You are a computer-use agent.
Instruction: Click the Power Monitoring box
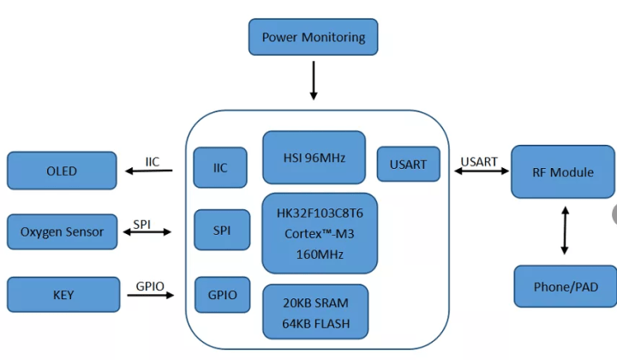(x=313, y=37)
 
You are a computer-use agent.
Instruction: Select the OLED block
(x=62, y=171)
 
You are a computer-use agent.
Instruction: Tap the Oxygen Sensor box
(x=62, y=231)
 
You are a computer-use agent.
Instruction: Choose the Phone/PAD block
(x=564, y=286)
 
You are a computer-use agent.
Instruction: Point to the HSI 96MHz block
(x=314, y=157)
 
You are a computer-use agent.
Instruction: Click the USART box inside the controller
(x=409, y=164)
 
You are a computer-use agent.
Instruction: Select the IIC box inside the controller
(x=220, y=167)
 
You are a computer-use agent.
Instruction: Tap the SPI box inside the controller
(x=220, y=231)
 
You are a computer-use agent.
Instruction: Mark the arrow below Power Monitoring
(x=313, y=82)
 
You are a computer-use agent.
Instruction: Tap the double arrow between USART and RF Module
(x=480, y=172)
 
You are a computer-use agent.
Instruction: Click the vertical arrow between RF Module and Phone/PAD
(x=564, y=229)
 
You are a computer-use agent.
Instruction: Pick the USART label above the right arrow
(x=479, y=160)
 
